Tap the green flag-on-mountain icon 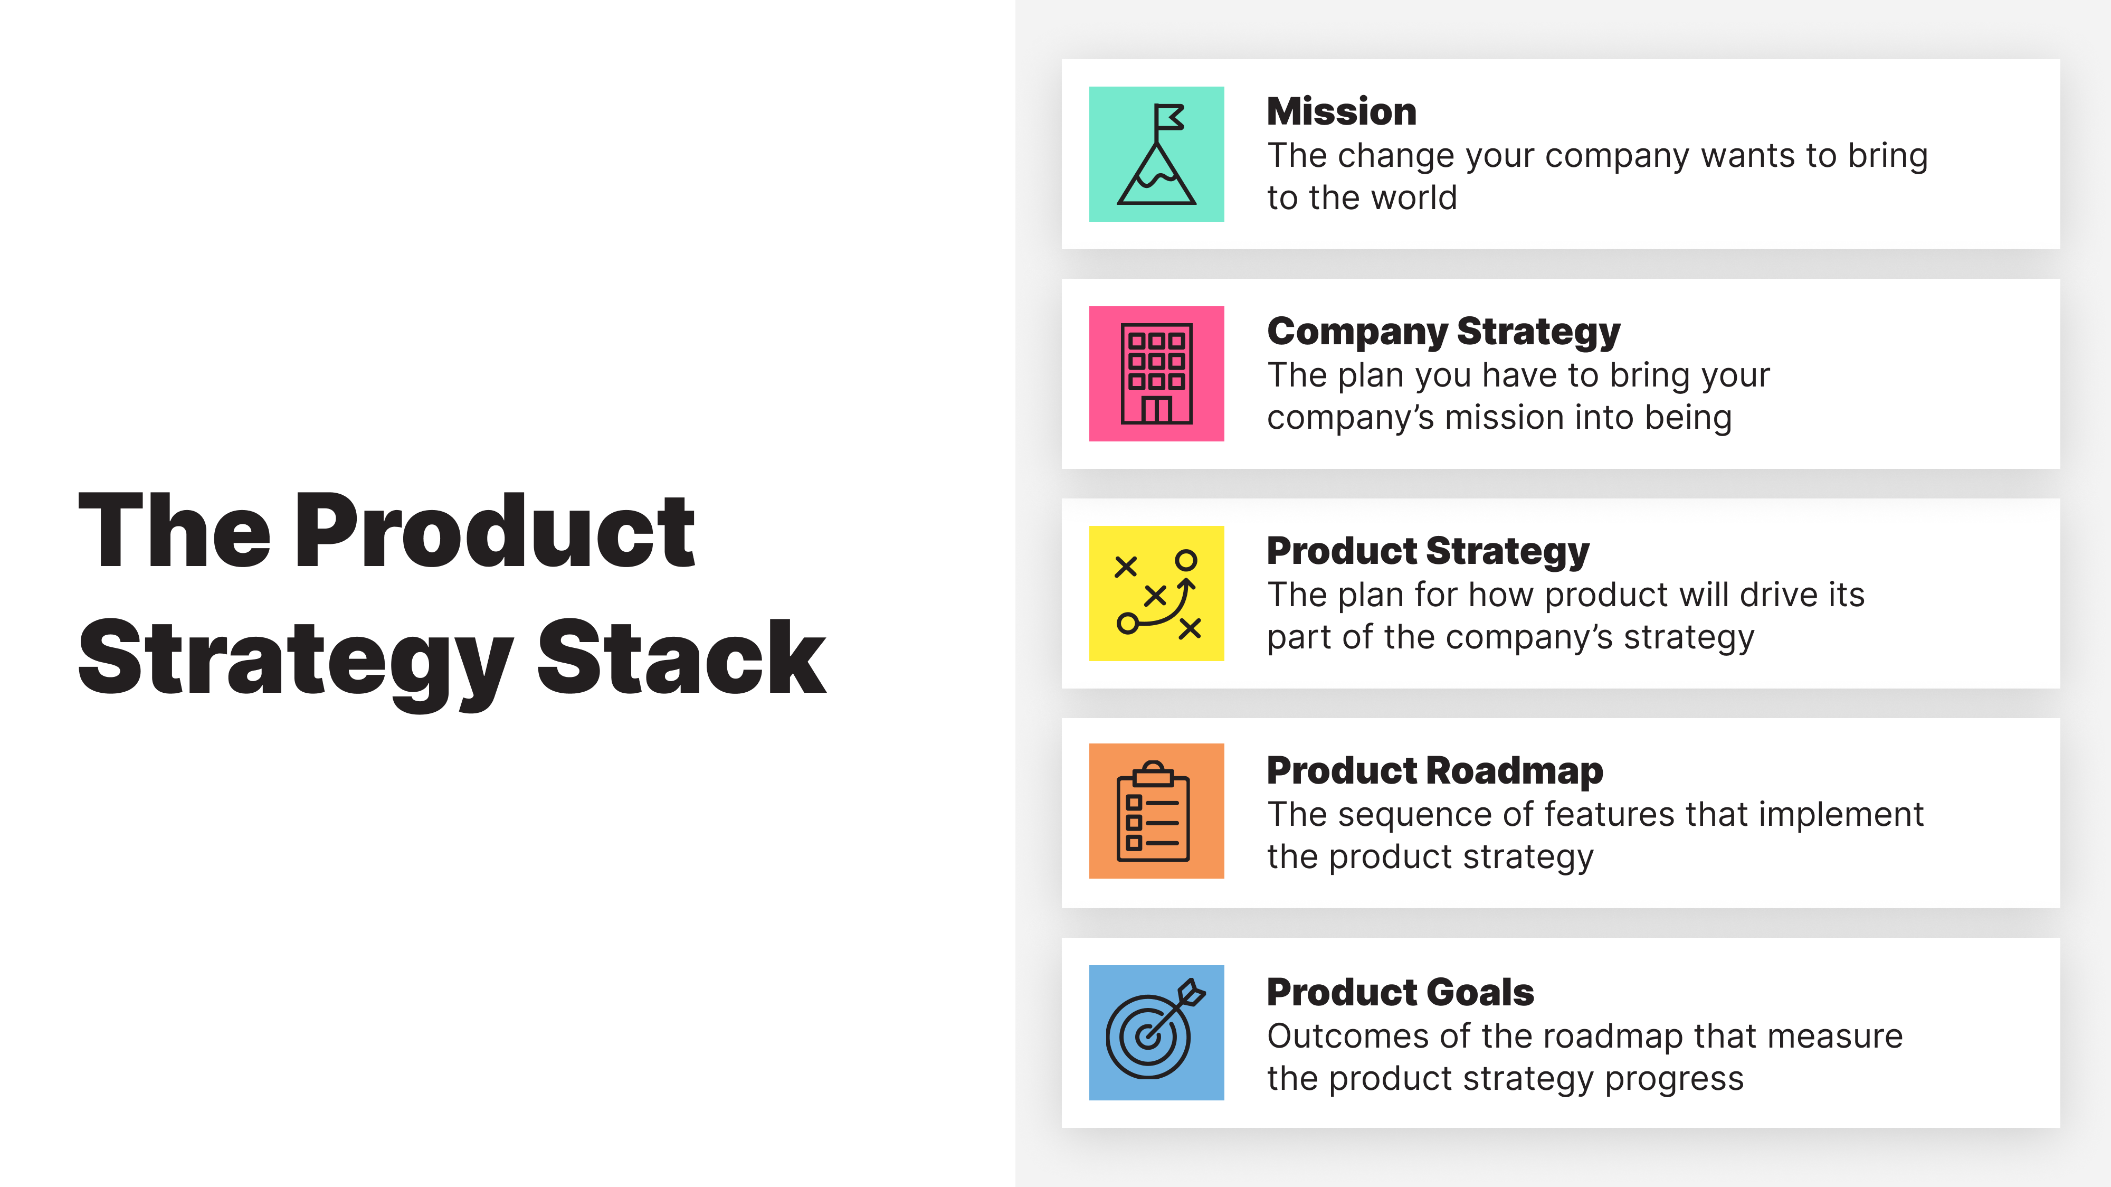coord(1156,154)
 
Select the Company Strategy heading coord(1443,331)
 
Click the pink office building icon coord(1156,374)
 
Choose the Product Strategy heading coord(1428,551)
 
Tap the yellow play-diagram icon coord(1156,593)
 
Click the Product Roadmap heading coord(1434,770)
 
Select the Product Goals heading coord(1400,992)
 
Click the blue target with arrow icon coord(1156,1032)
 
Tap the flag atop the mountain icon coord(1169,117)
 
